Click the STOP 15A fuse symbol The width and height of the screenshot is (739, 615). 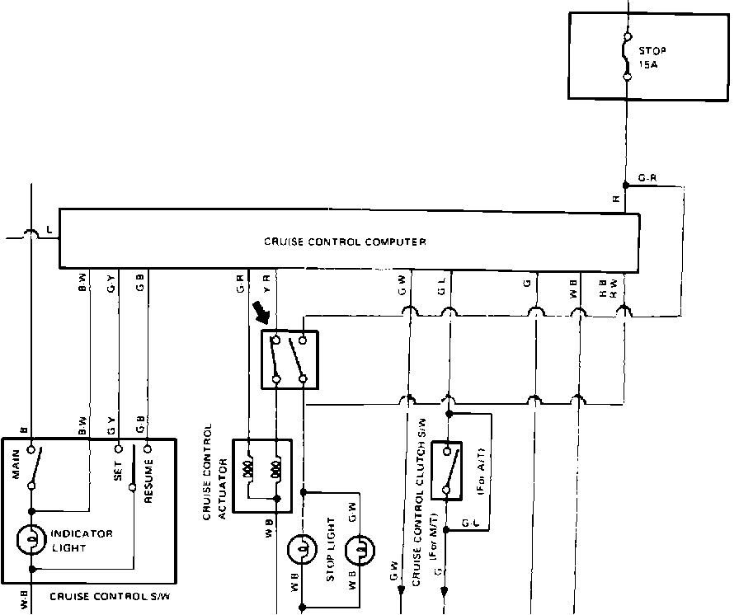pos(628,56)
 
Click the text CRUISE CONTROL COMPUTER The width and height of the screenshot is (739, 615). pos(345,242)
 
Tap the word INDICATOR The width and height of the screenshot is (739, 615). pos(82,533)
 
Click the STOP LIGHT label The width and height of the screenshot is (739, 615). pos(331,549)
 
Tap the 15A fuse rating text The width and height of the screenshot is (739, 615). pos(649,62)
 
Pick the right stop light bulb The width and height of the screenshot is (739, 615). pos(361,549)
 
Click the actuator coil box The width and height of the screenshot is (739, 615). pos(262,476)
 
